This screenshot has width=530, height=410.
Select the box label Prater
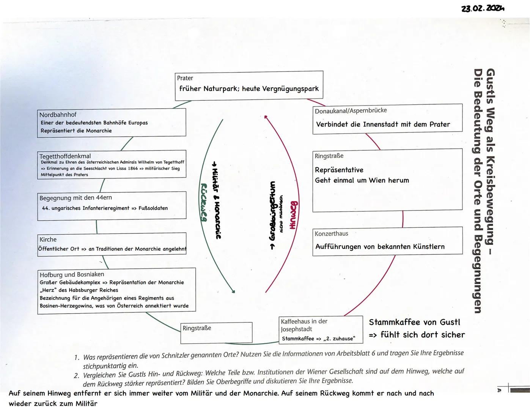pos(185,78)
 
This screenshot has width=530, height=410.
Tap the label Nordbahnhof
pos(58,115)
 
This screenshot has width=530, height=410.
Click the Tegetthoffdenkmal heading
pos(65,156)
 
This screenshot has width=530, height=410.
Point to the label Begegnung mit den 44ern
pos(75,198)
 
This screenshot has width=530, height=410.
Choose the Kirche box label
pos(48,240)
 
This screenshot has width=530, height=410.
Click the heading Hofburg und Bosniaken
pos(72,274)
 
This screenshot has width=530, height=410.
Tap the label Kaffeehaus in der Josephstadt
pos(304,325)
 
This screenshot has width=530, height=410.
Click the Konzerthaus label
pos(331,234)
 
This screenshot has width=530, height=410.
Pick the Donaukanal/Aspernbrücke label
pos(351,110)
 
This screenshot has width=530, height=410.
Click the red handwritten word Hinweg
pos(293,215)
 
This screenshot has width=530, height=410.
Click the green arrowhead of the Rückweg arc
pos(233,292)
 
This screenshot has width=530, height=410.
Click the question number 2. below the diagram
pos(77,375)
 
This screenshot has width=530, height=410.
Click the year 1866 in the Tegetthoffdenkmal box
pos(133,168)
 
